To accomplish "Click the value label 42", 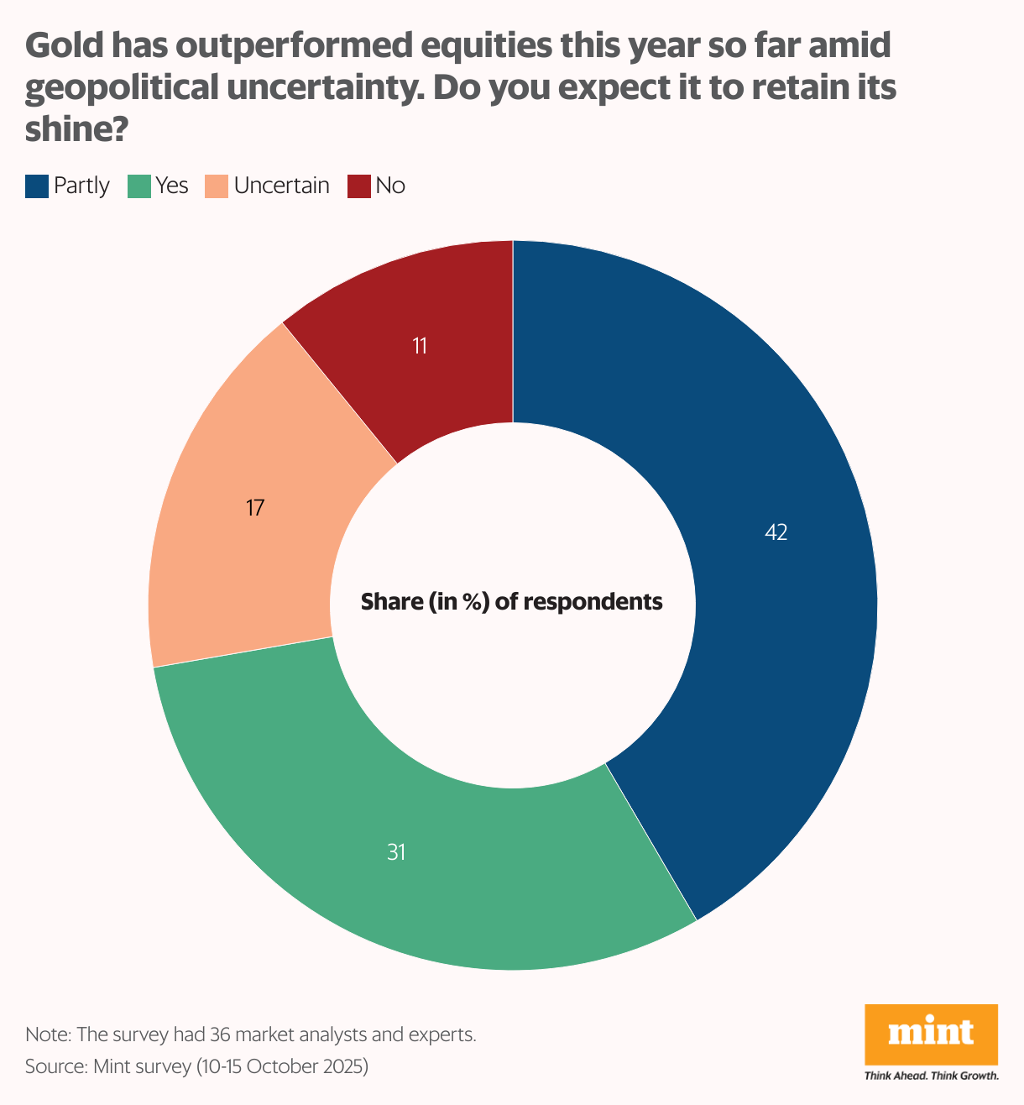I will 776,532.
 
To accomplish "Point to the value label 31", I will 396,852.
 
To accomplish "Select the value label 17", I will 255,508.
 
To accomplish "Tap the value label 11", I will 421,346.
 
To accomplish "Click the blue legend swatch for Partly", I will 37,186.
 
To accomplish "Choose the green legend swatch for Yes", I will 138,186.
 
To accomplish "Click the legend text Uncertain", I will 281,186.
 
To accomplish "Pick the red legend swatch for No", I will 359,186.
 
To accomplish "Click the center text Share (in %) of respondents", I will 512,602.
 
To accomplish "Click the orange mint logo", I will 931,1033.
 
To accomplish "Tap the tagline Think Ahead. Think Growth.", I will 931,1076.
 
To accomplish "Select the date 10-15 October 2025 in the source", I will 282,1067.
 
